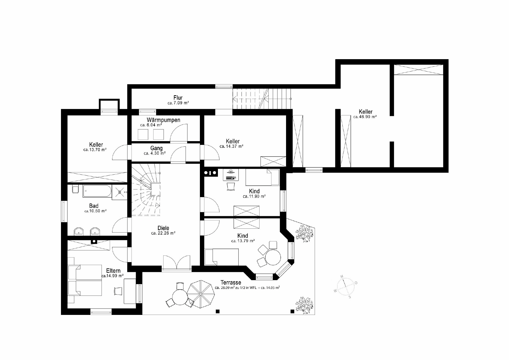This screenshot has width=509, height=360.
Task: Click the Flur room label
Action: pyautogui.click(x=178, y=98)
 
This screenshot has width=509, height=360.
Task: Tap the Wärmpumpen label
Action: pyautogui.click(x=163, y=120)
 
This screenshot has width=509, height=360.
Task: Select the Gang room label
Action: pyautogui.click(x=156, y=148)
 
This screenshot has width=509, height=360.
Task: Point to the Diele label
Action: pyautogui.click(x=163, y=228)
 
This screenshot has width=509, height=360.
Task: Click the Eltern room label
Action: pyautogui.click(x=113, y=271)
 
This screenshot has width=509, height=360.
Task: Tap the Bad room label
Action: pyautogui.click(x=94, y=206)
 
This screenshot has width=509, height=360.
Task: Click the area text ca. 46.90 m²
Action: pyautogui.click(x=365, y=117)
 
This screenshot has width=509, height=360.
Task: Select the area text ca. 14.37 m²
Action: pyautogui.click(x=231, y=146)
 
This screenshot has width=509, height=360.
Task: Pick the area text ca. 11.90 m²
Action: pyautogui.click(x=254, y=196)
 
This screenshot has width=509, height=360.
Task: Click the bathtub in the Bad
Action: pyautogui.click(x=97, y=191)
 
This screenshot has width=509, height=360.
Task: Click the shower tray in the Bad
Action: pyautogui.click(x=119, y=192)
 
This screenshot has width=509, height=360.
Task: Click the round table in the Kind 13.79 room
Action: pyautogui.click(x=273, y=257)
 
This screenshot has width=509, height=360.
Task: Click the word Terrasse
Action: pyautogui.click(x=231, y=283)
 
